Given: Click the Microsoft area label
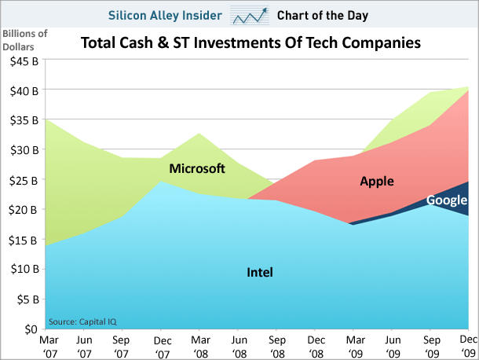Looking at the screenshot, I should [x=197, y=169].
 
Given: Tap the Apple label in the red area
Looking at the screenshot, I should [x=377, y=182].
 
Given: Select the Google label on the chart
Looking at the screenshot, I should [x=447, y=200].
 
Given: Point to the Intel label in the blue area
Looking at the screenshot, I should [x=260, y=273].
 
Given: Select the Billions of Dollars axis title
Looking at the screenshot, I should [x=24, y=39].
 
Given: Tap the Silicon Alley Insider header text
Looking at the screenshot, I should [x=169, y=15].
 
